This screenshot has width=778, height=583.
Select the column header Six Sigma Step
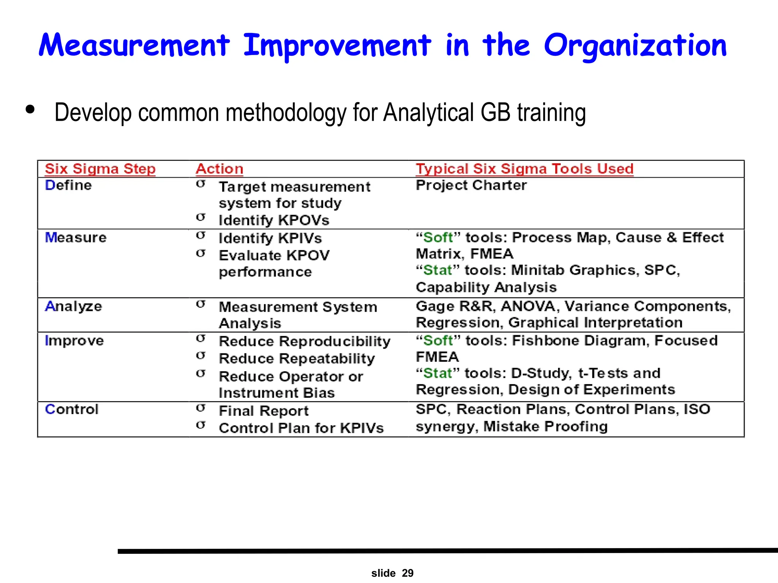click(x=100, y=169)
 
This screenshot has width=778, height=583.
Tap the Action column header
click(x=220, y=169)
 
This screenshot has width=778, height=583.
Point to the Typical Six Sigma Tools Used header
click(x=525, y=169)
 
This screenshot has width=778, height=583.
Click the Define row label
click(x=68, y=186)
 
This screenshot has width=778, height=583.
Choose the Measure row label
click(x=76, y=238)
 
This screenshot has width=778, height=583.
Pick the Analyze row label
click(x=73, y=306)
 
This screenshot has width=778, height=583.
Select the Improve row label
click(x=74, y=341)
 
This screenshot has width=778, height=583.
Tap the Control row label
click(x=71, y=410)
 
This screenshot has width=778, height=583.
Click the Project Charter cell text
click(x=471, y=186)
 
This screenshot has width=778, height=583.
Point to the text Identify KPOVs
click(x=274, y=221)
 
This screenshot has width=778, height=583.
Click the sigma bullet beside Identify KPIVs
click(x=201, y=236)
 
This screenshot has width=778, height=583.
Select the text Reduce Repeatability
click(x=297, y=359)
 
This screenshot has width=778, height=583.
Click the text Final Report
click(x=264, y=411)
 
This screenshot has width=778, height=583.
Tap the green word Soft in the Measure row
click(x=438, y=238)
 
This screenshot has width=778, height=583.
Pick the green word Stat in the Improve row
click(x=438, y=373)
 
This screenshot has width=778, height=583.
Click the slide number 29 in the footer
click(x=408, y=573)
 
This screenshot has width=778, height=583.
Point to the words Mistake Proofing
click(x=546, y=427)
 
